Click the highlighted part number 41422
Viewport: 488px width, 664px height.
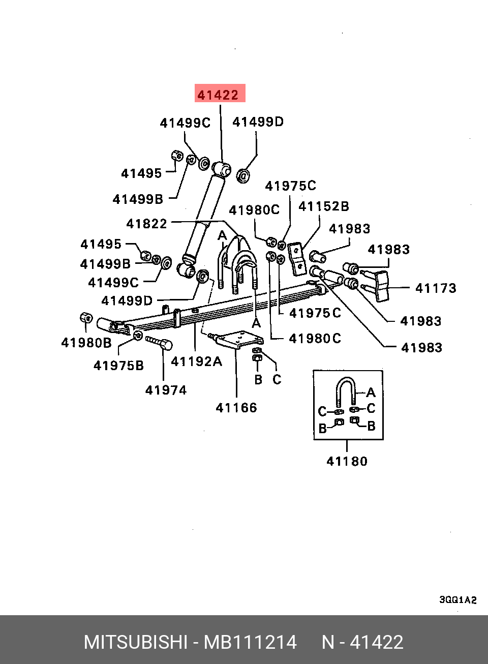coord(219,95)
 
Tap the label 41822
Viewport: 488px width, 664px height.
coord(146,224)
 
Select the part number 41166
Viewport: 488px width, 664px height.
coord(236,408)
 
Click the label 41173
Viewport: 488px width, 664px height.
coord(436,288)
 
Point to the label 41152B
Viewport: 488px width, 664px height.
coord(324,206)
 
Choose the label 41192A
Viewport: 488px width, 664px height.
coord(196,361)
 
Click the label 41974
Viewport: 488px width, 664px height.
coord(166,390)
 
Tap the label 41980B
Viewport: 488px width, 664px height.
coord(86,343)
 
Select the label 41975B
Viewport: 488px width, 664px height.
coord(118,366)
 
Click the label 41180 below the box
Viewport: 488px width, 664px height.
coord(347,461)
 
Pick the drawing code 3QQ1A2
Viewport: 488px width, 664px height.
coord(458,600)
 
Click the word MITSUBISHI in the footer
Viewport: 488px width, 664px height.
coord(136,642)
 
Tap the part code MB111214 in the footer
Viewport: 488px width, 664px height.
coord(250,642)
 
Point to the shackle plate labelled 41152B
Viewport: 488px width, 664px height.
coord(296,258)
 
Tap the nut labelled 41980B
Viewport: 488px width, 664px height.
coord(86,318)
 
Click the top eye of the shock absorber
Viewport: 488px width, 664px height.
coord(221,168)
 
